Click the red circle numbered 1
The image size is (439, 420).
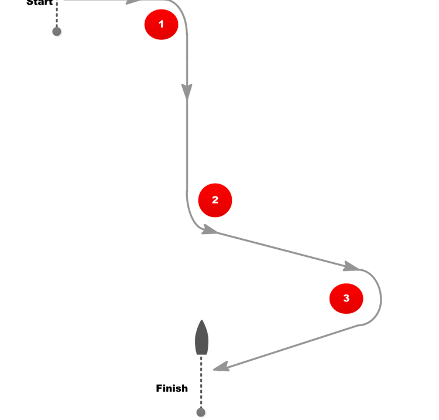tap(161, 24)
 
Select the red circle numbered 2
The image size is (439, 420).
tap(215, 200)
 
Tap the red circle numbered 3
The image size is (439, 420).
tap(346, 298)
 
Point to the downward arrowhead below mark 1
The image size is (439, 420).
tap(187, 91)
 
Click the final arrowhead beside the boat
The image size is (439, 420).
tap(220, 367)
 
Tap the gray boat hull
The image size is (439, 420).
tap(201, 340)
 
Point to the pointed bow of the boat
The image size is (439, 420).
tap(201, 322)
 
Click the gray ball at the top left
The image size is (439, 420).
tap(57, 31)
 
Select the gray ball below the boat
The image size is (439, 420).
tap(201, 412)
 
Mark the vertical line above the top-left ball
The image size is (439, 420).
tap(57, 12)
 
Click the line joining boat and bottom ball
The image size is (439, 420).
tap(201, 381)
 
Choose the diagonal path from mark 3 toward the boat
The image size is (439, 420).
tap(293, 346)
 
